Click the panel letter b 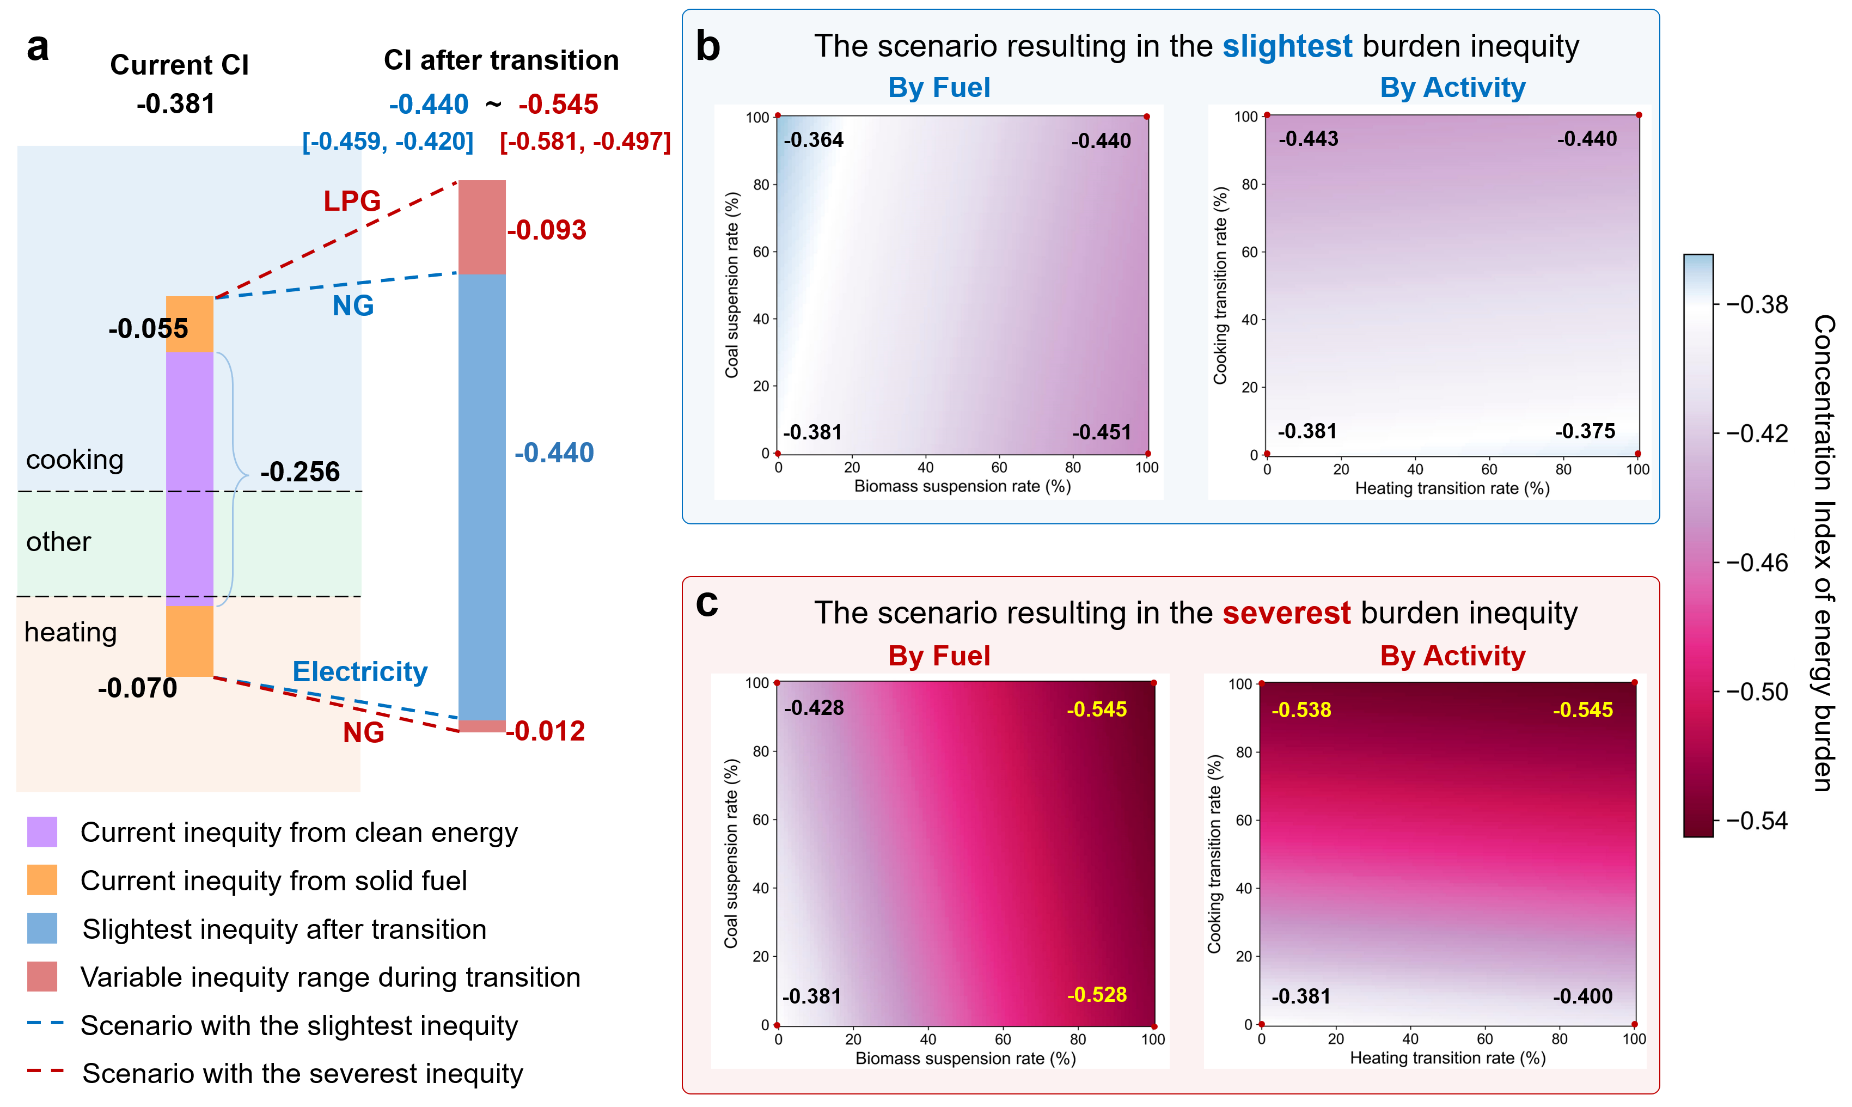pyautogui.click(x=708, y=47)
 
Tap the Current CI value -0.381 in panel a pyautogui.click(x=176, y=103)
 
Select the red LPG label pyautogui.click(x=352, y=201)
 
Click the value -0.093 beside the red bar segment pyautogui.click(x=547, y=230)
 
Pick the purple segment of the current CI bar pyautogui.click(x=190, y=478)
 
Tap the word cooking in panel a pyautogui.click(x=75, y=460)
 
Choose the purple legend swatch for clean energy pyautogui.click(x=42, y=831)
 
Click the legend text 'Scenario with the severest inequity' pyautogui.click(x=302, y=1073)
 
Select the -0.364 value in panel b pyautogui.click(x=813, y=140)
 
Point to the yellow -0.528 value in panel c pyautogui.click(x=1096, y=994)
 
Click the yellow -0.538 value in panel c pyautogui.click(x=1301, y=710)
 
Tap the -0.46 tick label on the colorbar pyautogui.click(x=1757, y=562)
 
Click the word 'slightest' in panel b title pyautogui.click(x=1287, y=46)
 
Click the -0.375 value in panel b pyautogui.click(x=1585, y=431)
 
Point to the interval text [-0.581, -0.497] pyautogui.click(x=585, y=141)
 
